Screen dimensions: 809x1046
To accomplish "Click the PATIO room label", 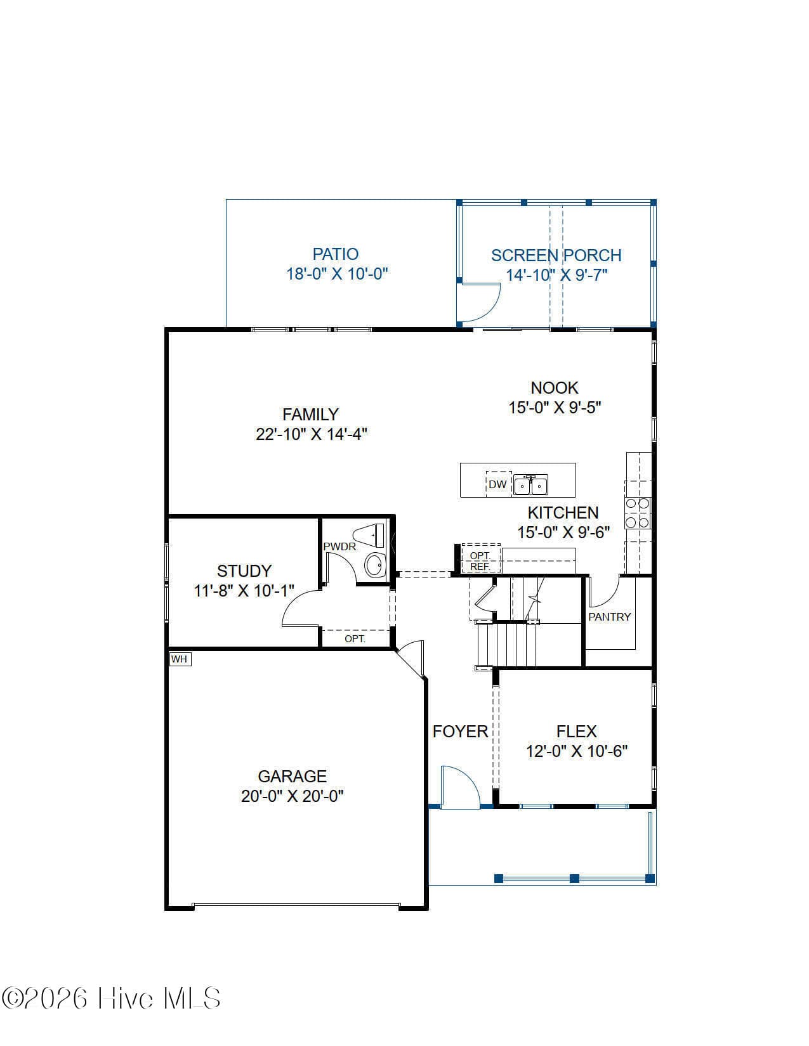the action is pos(336,254).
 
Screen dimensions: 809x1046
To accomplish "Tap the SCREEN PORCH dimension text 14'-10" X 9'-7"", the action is pos(556,275).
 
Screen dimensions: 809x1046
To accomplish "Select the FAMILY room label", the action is pos(310,414).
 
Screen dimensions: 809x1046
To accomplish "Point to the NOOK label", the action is pos(554,387).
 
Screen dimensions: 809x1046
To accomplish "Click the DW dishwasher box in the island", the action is pos(497,484).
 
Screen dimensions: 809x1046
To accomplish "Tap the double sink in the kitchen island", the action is pos(530,485).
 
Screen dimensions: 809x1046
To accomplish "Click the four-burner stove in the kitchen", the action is pos(638,513).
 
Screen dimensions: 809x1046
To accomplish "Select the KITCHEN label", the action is pos(563,513).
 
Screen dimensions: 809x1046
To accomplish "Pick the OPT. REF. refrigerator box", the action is pos(481,559).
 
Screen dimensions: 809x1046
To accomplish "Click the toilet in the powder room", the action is pos(369,536).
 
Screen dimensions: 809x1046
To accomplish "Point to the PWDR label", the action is pos(339,546).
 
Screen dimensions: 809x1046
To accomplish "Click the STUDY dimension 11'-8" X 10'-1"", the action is pos(244,591).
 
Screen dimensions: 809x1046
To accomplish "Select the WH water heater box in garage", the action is pos(180,659).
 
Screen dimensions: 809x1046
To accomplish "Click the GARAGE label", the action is pos(292,777).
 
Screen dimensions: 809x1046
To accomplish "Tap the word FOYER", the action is pos(460,732).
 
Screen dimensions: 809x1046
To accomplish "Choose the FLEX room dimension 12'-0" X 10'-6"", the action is pos(577,751).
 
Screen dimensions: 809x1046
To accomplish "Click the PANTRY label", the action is pos(610,617).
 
